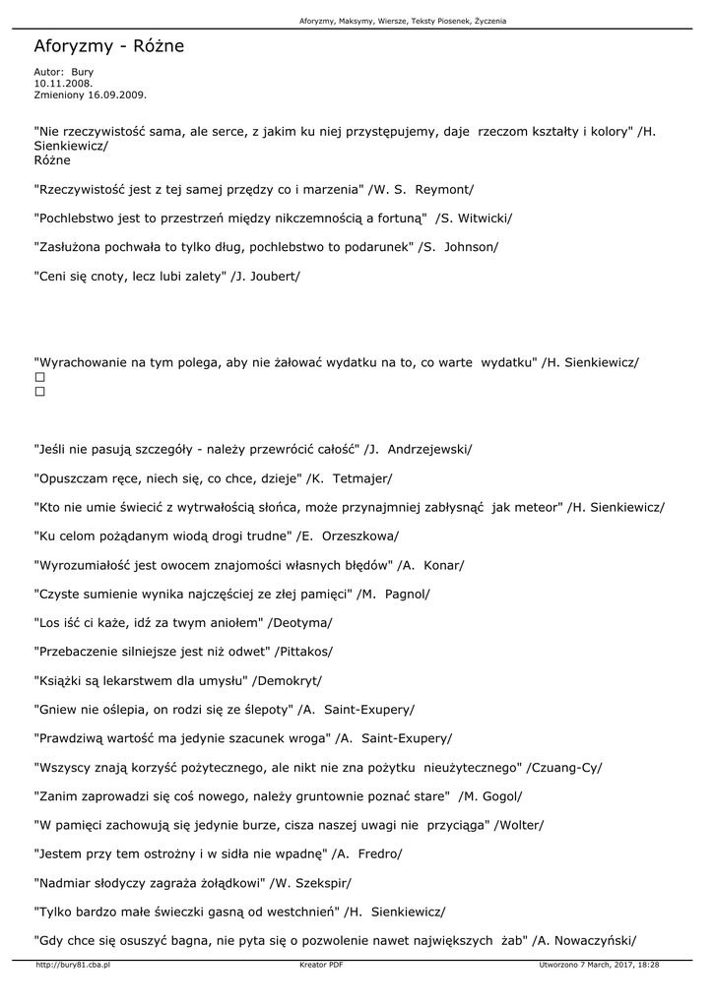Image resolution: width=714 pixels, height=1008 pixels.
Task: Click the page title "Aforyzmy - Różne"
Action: tap(108, 46)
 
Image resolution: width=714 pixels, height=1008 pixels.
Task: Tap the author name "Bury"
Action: tap(82, 72)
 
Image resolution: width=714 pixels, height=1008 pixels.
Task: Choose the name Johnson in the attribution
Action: tap(471, 247)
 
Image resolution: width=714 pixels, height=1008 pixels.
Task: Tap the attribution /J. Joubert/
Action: tap(265, 277)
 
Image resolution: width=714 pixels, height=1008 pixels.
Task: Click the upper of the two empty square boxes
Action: tap(40, 377)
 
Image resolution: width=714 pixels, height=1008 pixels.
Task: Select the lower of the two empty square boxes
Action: tap(40, 392)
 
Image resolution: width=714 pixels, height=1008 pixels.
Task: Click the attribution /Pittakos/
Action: tap(303, 652)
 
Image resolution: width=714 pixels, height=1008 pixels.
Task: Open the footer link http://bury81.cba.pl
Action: tap(72, 966)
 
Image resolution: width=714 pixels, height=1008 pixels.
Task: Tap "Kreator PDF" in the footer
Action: tap(321, 966)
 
